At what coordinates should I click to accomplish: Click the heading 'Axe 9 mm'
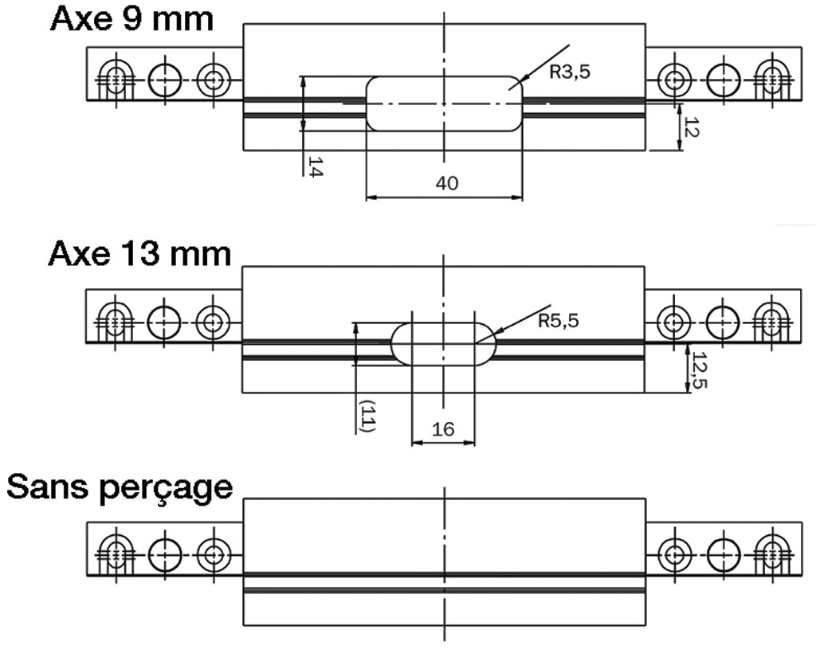coord(131,19)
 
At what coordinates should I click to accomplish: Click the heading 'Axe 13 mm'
coord(139,254)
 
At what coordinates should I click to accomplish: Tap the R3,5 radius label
coord(570,72)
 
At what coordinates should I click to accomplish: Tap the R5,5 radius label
coord(559,321)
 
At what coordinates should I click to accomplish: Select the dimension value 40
coord(446,183)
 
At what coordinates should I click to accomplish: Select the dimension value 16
coord(443,429)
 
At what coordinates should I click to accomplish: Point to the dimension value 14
coord(315,166)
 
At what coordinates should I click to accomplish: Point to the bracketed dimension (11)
coord(368,416)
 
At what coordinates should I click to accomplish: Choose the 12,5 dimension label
coord(699,369)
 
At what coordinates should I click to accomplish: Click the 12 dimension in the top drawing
coord(691,127)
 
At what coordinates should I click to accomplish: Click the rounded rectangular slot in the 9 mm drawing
coord(445,77)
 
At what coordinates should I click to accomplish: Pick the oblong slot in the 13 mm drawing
coord(444,323)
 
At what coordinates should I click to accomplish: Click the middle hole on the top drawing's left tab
coord(165,80)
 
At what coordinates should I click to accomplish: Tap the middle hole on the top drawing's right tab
coord(724,80)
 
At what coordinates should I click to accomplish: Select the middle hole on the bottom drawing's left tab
coord(165,555)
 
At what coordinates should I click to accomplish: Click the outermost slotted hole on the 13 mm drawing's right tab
coord(771,323)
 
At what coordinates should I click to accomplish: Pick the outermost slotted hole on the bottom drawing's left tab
coord(116,555)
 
